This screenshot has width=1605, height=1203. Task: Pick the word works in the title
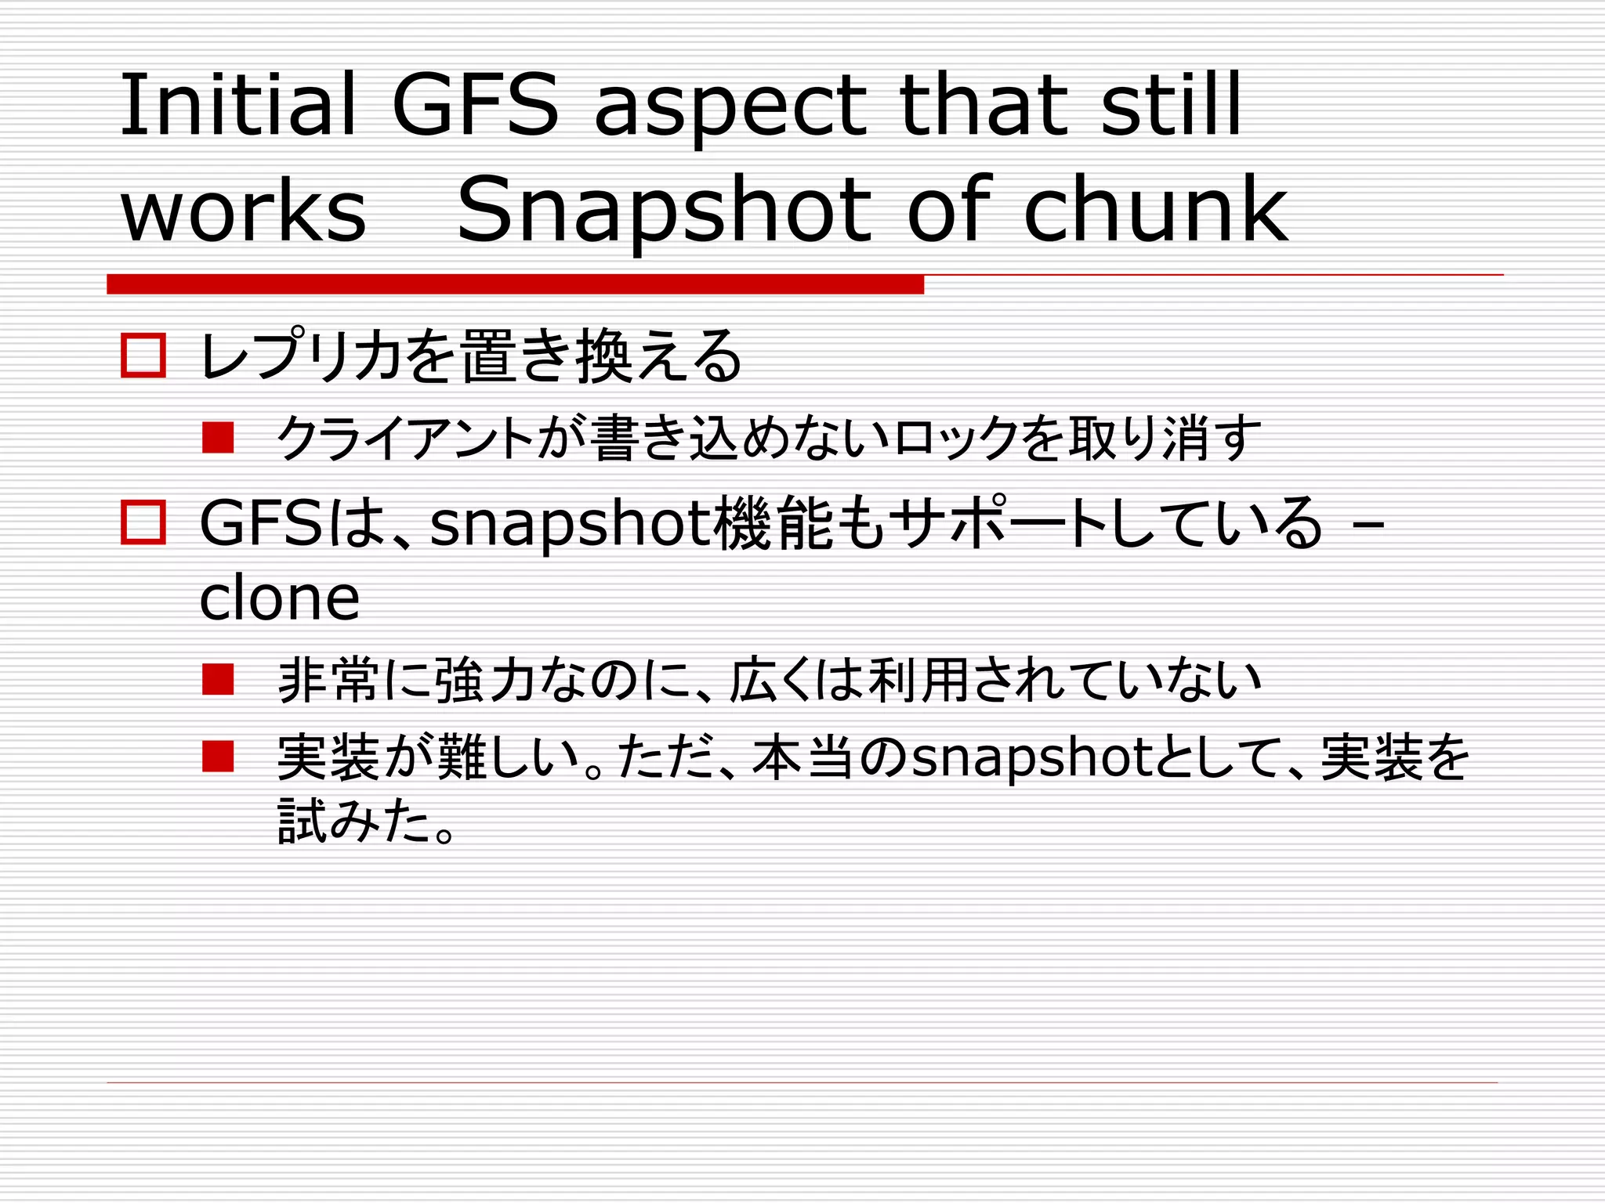[x=243, y=211]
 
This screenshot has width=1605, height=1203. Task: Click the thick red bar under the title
[x=515, y=284]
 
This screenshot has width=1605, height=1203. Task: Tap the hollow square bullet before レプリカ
[x=143, y=356]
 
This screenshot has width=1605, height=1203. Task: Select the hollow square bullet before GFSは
[x=143, y=522]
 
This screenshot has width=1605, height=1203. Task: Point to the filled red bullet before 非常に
[x=218, y=680]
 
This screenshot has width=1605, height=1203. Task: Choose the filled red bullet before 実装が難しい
[x=218, y=757]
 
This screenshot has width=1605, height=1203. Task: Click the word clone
[x=280, y=598]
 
